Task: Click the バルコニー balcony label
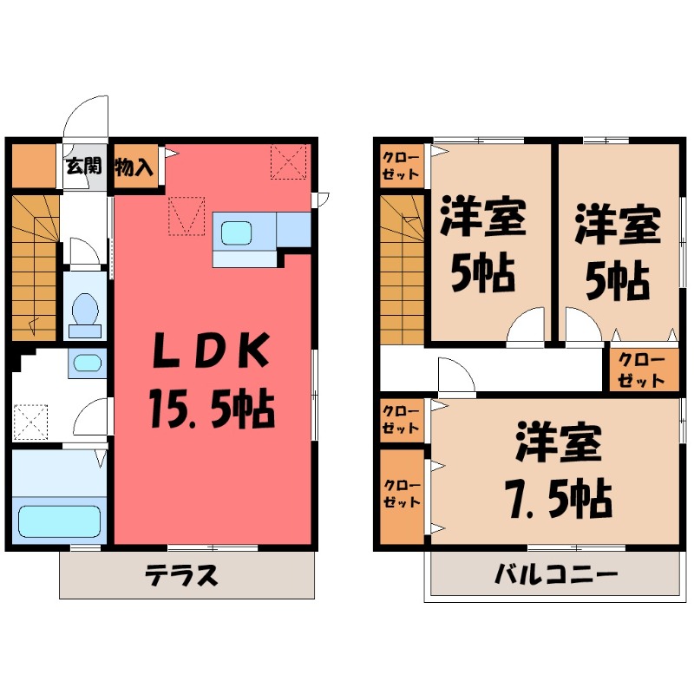click(556, 574)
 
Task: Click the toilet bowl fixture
click(85, 313)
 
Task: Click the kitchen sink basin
click(237, 232)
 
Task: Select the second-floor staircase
click(402, 269)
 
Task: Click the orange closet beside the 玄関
click(33, 166)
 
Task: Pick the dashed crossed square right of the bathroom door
click(32, 422)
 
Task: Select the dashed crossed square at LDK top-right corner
click(288, 161)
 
